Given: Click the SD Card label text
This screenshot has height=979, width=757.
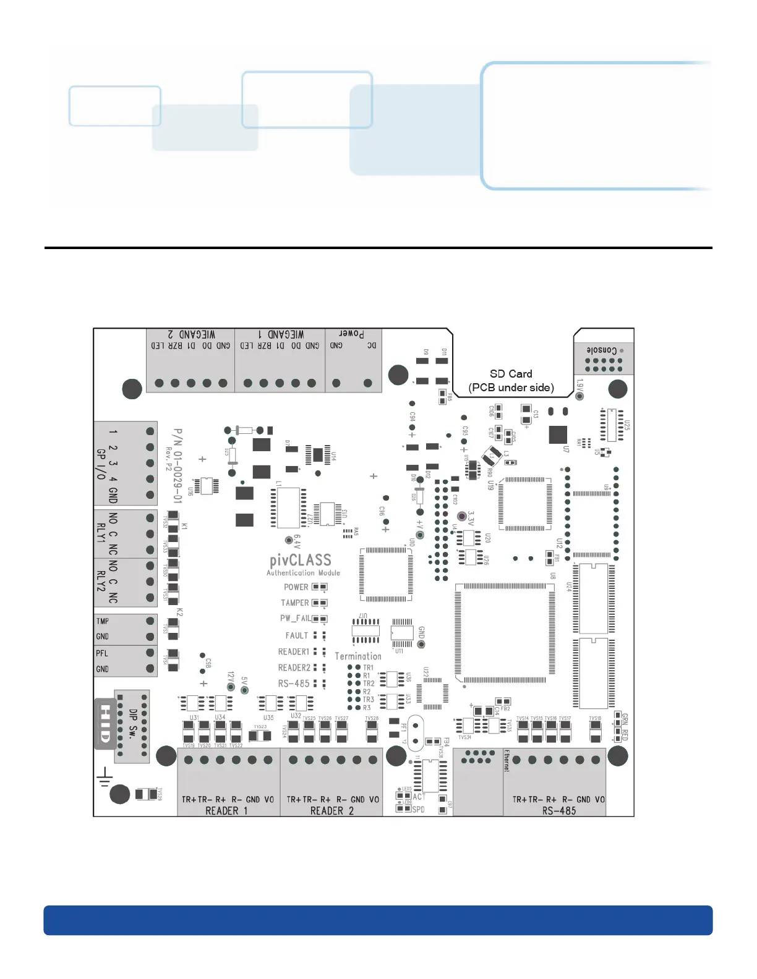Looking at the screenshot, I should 511,374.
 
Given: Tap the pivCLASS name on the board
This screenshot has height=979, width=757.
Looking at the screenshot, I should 301,560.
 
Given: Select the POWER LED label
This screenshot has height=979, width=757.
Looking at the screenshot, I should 296,587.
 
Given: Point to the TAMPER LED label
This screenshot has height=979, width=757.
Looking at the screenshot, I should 294,603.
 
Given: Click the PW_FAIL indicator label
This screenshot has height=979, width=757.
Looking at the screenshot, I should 295,618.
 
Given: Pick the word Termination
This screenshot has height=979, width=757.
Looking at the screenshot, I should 358,656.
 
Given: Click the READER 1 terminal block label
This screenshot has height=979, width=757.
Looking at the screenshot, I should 226,810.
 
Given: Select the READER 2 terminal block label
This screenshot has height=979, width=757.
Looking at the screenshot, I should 331,810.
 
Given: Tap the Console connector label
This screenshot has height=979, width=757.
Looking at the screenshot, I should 601,350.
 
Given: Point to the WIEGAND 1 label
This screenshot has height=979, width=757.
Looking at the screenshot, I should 280,334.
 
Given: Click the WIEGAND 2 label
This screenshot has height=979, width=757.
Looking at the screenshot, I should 192,334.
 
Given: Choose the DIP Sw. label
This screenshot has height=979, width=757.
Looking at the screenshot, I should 133,724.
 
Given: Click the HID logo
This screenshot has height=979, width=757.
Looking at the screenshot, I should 105,724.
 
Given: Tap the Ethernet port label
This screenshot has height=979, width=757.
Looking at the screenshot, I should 507,761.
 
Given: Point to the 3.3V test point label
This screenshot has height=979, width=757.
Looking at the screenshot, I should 471,518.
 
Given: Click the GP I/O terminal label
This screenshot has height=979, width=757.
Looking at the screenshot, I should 101,464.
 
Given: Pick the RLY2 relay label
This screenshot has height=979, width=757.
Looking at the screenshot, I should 101,581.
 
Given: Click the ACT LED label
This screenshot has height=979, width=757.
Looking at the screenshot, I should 419,797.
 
